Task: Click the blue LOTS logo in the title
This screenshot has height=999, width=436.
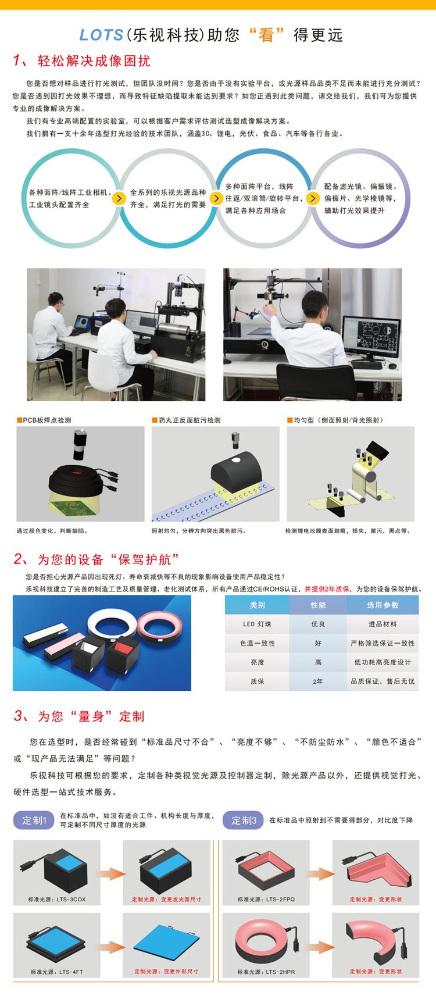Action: [101, 35]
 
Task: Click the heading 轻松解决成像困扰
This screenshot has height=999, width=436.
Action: [94, 61]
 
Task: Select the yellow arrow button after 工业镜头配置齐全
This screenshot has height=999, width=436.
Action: [119, 198]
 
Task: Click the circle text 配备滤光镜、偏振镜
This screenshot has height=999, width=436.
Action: [360, 187]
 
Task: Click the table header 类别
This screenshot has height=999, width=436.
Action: [258, 605]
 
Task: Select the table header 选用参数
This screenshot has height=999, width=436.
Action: [383, 605]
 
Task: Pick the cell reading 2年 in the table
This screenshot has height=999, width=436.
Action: [318, 681]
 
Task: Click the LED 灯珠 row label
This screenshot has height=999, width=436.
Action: [257, 624]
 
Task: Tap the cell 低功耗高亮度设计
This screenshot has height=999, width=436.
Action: [383, 662]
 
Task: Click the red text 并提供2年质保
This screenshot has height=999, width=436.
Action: [327, 589]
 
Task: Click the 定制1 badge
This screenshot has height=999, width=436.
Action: [34, 820]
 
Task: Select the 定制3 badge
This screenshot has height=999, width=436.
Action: [244, 820]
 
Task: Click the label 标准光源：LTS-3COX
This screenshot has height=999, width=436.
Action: [57, 899]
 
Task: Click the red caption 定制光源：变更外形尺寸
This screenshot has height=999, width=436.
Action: [166, 971]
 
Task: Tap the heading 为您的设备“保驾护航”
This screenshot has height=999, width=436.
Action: [108, 559]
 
